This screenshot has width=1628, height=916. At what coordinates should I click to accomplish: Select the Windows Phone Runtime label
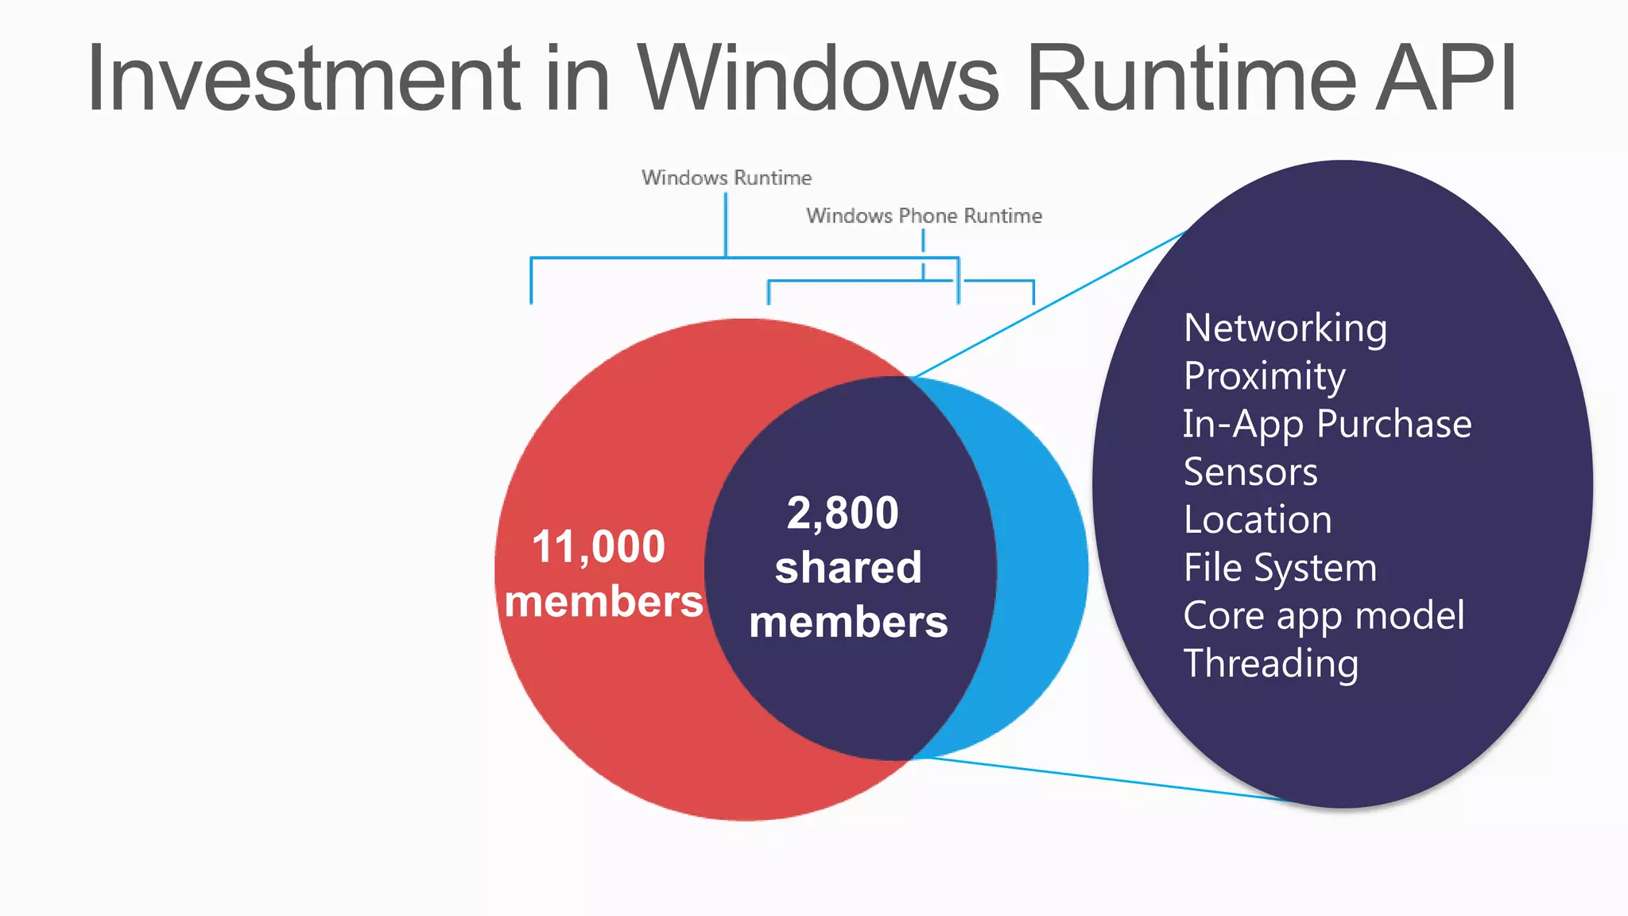point(924,215)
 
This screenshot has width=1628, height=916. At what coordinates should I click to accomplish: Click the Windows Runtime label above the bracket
point(727,177)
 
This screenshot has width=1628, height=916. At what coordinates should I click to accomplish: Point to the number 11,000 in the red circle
point(598,547)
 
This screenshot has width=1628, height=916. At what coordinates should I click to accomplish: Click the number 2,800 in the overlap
point(843,513)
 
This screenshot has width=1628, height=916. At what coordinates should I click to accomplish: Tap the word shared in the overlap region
point(848,568)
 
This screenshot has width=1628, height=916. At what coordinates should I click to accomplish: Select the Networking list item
point(1285,328)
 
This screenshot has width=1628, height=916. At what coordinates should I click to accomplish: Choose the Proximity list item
point(1264,375)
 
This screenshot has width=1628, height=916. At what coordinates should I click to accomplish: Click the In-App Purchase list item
point(1327,424)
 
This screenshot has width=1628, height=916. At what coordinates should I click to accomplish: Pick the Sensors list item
point(1250,472)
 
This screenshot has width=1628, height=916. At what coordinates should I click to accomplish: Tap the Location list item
point(1258,519)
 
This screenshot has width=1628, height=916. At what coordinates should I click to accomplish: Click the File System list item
point(1280,568)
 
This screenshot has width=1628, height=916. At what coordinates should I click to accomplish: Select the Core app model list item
point(1324,615)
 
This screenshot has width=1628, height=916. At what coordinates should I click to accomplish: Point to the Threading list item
point(1270,663)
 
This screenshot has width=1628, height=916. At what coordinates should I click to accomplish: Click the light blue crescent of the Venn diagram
point(1041,569)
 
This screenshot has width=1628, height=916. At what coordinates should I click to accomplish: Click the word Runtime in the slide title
point(1191,78)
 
